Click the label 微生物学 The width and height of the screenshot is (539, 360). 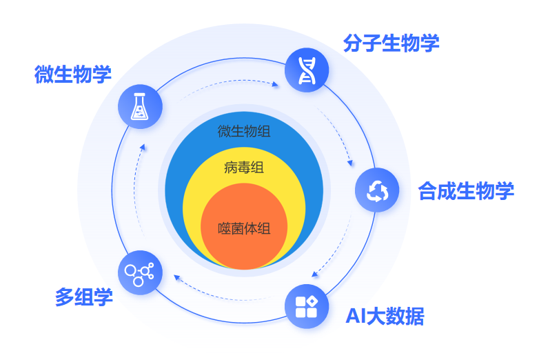(73, 74)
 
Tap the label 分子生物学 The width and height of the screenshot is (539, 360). (391, 43)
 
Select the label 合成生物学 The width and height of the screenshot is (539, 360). (466, 190)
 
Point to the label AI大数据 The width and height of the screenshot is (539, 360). (385, 317)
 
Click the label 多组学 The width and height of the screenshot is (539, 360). (84, 298)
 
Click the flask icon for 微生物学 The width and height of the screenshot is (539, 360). (141, 105)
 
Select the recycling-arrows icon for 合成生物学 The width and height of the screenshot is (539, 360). (377, 190)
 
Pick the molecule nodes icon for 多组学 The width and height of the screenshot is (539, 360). (140, 272)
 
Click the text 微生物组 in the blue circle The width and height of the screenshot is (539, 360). (243, 130)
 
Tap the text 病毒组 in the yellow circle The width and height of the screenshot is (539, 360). (243, 168)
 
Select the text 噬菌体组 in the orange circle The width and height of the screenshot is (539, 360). (243, 228)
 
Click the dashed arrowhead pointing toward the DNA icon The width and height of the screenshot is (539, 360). (276, 86)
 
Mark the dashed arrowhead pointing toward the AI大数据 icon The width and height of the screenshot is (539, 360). (315, 274)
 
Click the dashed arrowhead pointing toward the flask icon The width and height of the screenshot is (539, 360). (142, 146)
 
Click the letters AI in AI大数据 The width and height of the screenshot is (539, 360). (354, 317)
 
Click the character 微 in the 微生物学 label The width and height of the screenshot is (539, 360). (44, 74)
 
